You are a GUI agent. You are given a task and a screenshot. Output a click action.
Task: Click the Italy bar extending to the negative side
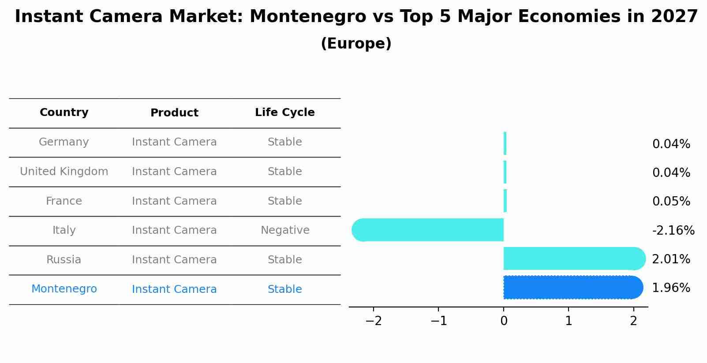[428, 230]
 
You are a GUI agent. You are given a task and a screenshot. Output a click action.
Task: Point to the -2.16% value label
[673, 230]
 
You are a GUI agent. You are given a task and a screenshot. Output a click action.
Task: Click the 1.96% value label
[671, 288]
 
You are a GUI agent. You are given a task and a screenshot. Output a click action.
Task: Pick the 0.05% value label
[671, 202]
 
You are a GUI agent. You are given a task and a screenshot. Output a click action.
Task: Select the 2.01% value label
[671, 259]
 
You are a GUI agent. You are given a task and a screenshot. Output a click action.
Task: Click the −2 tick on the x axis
[374, 321]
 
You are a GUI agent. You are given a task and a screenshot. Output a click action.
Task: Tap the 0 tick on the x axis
[504, 321]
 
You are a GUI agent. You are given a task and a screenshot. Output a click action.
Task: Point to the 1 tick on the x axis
[569, 321]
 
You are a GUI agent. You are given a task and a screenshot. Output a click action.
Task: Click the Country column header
[64, 112]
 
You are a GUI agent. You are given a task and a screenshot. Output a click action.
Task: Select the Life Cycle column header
[285, 112]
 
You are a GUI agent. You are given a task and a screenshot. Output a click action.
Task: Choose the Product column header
[174, 113]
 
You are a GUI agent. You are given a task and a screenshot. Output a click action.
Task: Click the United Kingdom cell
[64, 172]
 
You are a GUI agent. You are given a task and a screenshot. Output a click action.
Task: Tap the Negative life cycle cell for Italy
[285, 230]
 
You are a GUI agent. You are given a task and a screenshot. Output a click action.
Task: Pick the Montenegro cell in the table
[64, 289]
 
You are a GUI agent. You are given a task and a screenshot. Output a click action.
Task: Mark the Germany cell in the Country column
[64, 142]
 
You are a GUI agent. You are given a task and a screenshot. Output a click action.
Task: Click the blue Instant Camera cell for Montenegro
[174, 289]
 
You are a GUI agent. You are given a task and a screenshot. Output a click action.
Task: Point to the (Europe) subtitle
[356, 44]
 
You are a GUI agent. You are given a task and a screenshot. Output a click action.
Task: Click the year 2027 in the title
[674, 17]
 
